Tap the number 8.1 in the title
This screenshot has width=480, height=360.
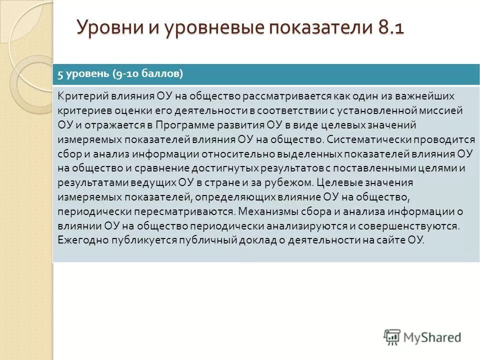pyautogui.click(x=387, y=26)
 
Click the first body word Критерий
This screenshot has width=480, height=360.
pyautogui.click(x=79, y=95)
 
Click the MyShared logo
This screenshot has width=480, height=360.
pyautogui.click(x=422, y=337)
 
